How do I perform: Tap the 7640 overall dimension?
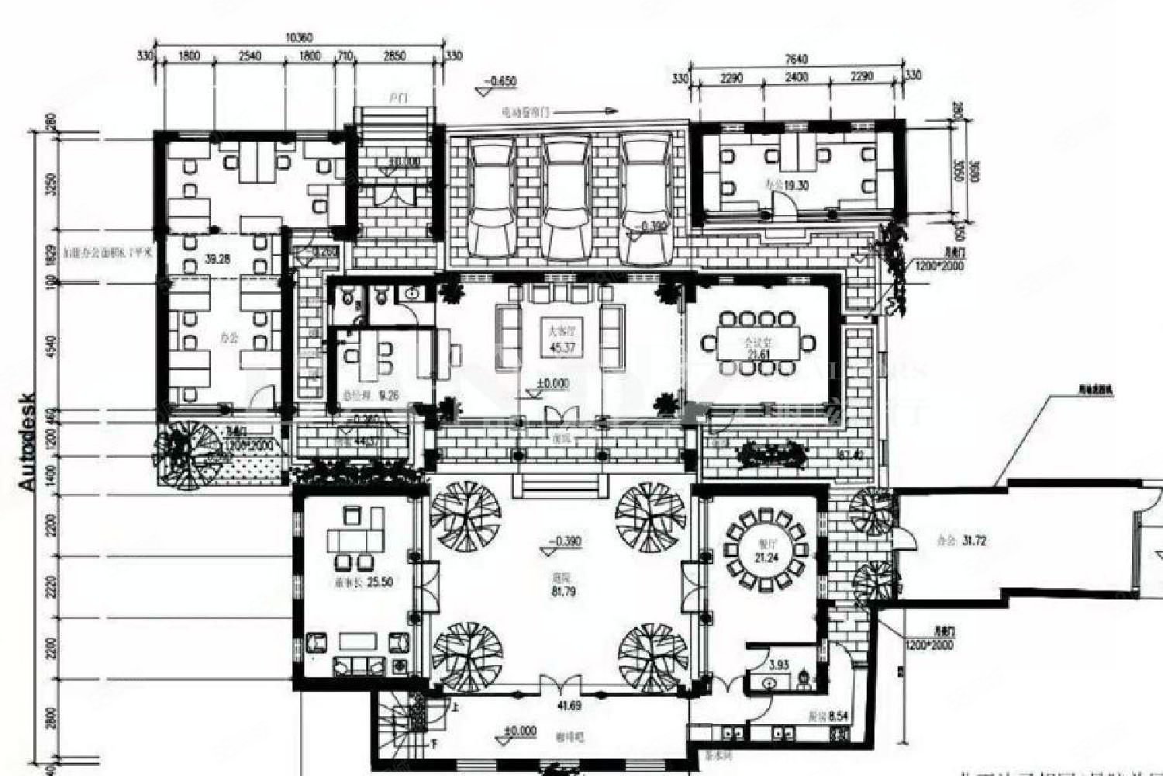tap(797, 59)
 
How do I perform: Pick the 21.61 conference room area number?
tap(760, 355)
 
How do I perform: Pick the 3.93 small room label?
tap(778, 664)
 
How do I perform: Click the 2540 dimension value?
tap(250, 56)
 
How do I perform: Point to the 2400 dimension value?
tap(797, 77)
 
